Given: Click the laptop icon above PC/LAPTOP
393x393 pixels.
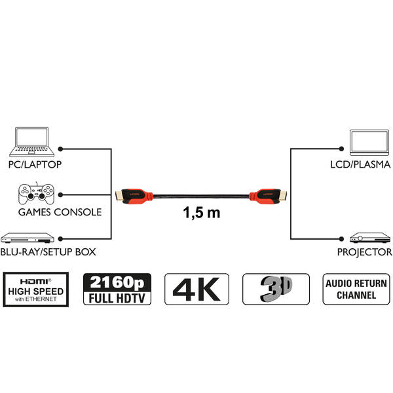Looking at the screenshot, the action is (32, 142).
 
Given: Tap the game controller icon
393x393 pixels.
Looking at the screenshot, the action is (36, 193).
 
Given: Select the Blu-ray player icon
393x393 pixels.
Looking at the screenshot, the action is (28, 238).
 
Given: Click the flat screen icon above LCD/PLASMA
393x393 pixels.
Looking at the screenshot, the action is (369, 142).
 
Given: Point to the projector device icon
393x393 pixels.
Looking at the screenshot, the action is (370, 238).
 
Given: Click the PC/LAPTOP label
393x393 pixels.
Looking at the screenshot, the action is (35, 164).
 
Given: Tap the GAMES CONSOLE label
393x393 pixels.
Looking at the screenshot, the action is (60, 212).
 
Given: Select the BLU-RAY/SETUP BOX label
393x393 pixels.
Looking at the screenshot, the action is (48, 252).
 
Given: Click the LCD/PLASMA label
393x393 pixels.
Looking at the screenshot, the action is (360, 164).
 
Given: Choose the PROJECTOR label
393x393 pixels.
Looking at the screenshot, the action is (365, 252).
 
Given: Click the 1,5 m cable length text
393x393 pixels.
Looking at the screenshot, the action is (202, 213).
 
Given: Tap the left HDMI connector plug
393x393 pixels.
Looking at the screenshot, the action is (134, 196).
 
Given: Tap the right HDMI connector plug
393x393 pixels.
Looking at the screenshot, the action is (268, 196).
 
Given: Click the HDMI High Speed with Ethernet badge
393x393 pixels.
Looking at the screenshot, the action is (36, 290).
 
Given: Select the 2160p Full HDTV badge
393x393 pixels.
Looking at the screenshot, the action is (117, 290).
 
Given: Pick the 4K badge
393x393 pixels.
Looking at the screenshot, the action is (196, 290).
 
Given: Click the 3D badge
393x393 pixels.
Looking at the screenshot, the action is (276, 290).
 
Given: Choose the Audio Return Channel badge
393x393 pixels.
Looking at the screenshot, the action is (356, 290).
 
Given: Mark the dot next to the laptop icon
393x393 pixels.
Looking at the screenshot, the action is (60, 149).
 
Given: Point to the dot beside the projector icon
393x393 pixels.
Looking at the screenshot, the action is (341, 239).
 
